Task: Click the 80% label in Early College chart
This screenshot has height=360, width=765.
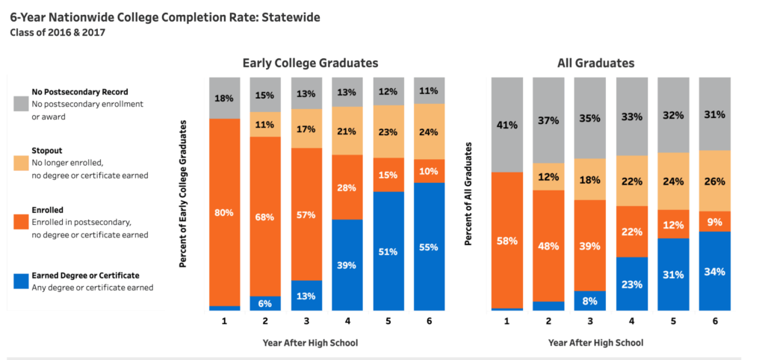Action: [x=224, y=213]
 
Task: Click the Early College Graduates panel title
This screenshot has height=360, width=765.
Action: [x=310, y=63]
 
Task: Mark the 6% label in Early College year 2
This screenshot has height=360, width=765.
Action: [x=265, y=303]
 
